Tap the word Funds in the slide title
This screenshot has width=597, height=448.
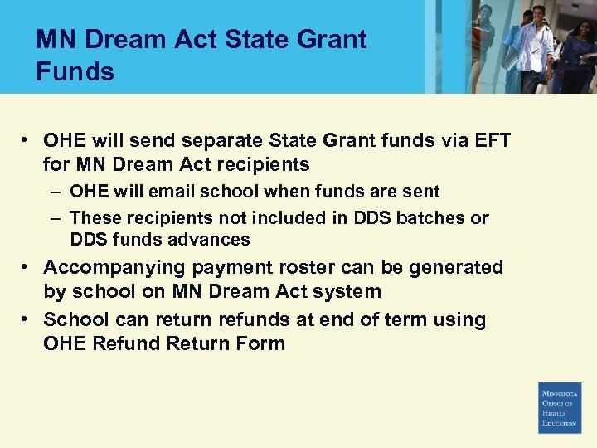[x=75, y=72]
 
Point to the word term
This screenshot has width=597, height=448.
[x=392, y=319]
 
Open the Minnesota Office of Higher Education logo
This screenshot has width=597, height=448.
[x=561, y=407]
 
